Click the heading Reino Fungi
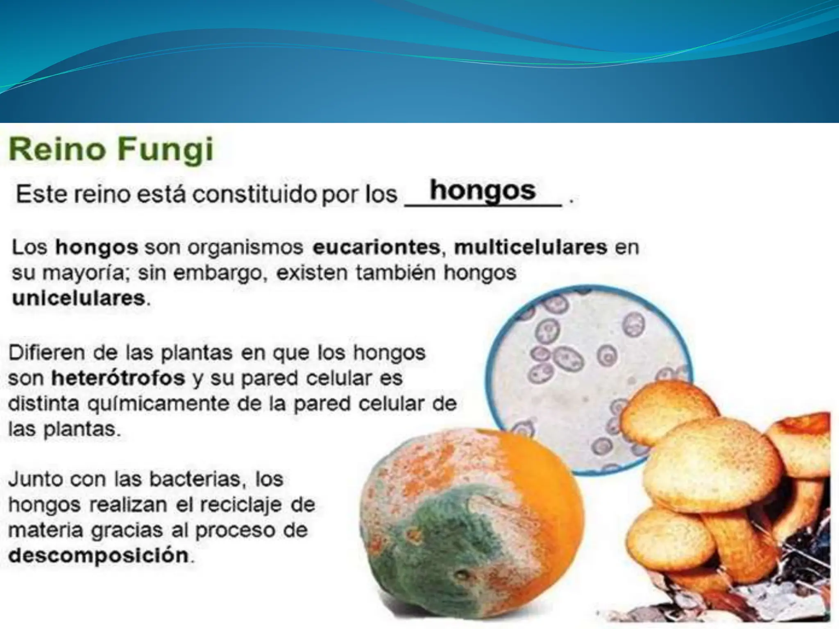pos(111,150)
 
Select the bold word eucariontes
pos(376,247)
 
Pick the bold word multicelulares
pos(531,247)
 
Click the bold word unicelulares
pos(79,298)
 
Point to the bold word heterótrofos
pos(118,378)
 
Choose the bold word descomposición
pos(99,556)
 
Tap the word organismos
pos(245,247)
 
